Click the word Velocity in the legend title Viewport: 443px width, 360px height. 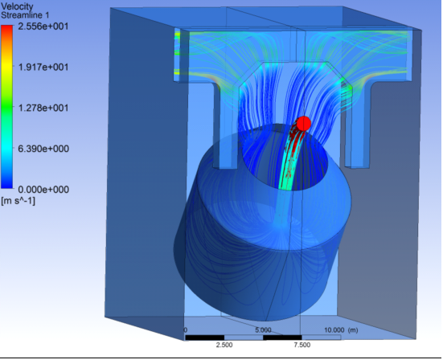(x=17, y=6)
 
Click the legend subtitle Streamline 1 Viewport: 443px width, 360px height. (x=25, y=15)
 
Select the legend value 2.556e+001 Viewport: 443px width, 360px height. (x=43, y=27)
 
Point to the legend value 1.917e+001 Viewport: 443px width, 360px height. (x=43, y=67)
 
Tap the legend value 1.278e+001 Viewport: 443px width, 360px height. (x=43, y=108)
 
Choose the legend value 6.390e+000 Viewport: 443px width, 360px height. (x=43, y=149)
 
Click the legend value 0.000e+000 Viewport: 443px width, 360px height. (x=43, y=189)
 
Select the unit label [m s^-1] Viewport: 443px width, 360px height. (x=18, y=201)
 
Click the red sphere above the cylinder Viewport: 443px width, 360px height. (x=304, y=124)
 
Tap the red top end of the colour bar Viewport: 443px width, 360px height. (x=6, y=27)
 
